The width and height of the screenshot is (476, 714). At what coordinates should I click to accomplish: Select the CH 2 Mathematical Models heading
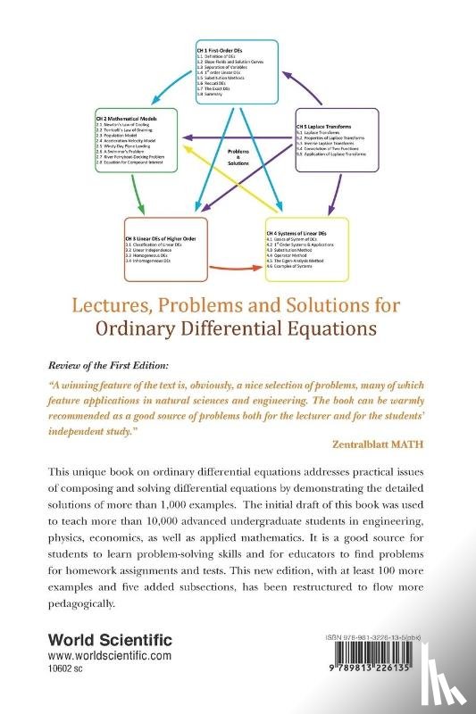(x=130, y=117)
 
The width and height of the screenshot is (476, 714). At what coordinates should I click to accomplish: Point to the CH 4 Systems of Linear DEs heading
(x=303, y=231)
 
